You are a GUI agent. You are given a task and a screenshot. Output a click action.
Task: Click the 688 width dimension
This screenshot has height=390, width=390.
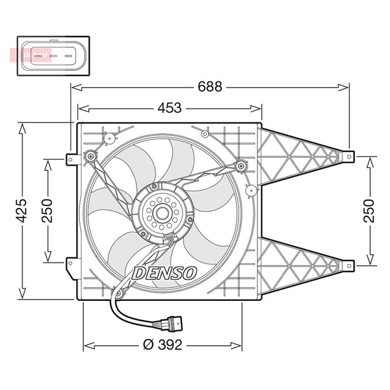click(x=210, y=87)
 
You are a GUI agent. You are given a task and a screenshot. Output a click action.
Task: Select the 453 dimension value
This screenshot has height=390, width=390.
click(x=170, y=108)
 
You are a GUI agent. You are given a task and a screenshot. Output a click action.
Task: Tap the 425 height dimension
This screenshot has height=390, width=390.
click(x=21, y=210)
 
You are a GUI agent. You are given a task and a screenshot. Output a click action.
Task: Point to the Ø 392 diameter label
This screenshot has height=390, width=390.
click(x=162, y=344)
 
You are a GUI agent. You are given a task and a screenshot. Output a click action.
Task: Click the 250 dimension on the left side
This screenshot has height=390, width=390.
click(x=47, y=211)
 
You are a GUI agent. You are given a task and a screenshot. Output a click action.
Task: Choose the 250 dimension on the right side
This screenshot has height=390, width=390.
click(x=369, y=211)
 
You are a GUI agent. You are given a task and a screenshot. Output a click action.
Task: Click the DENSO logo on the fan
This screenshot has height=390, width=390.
click(x=164, y=274)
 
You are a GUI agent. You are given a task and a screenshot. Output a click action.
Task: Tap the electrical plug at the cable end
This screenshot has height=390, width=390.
click(x=172, y=324)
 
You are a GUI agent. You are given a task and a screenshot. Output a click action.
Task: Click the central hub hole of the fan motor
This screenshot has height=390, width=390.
click(x=162, y=213)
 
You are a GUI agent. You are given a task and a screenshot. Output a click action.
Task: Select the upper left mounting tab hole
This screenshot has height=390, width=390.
click(x=71, y=159)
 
